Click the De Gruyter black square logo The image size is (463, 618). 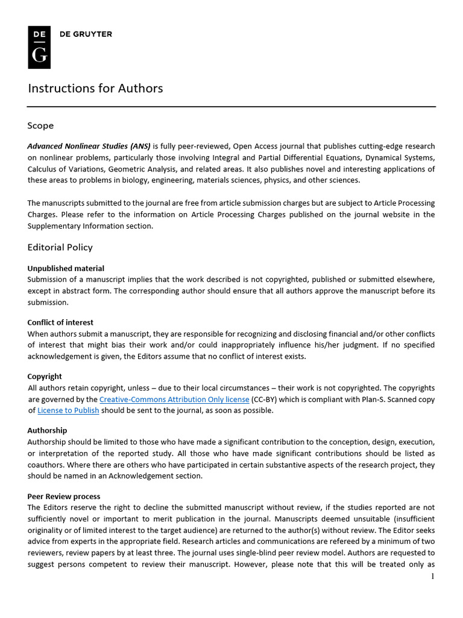(x=39, y=47)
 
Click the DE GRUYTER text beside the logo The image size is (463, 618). (x=86, y=34)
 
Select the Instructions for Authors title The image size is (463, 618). (x=95, y=88)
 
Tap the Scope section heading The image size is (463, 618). (x=40, y=126)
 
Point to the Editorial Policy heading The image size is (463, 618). (x=60, y=247)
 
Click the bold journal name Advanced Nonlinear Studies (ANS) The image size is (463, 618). (x=89, y=146)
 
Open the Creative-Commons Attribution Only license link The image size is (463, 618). (x=174, y=400)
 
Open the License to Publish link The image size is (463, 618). (x=68, y=411)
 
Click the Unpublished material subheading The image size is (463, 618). (x=66, y=269)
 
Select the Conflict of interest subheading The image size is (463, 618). (x=60, y=322)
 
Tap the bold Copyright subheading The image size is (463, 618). (x=45, y=377)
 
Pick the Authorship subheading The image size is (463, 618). (x=47, y=430)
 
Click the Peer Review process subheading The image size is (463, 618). (x=64, y=496)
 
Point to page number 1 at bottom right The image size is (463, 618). (x=432, y=576)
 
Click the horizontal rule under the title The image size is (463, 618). (x=231, y=107)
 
